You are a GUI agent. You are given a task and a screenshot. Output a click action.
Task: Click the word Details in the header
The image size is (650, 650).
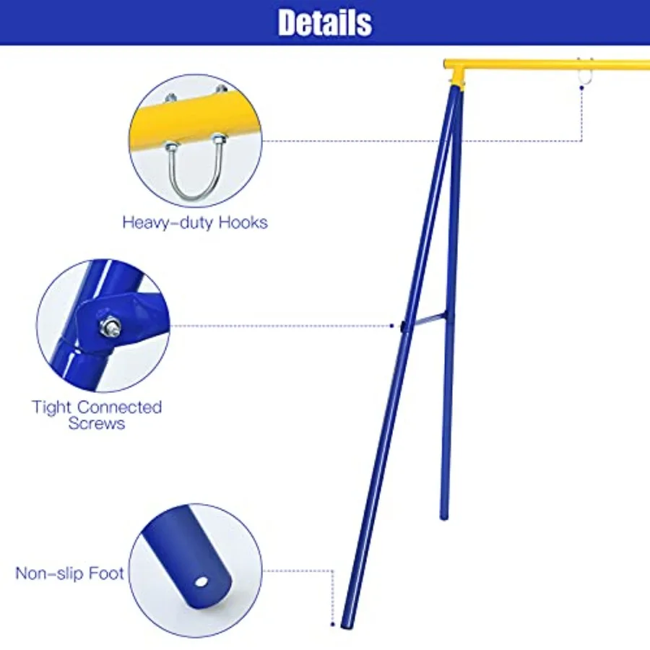point(325,22)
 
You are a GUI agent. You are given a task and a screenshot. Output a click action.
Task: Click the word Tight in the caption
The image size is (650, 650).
point(51,407)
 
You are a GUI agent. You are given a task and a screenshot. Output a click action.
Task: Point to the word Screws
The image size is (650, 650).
point(97,424)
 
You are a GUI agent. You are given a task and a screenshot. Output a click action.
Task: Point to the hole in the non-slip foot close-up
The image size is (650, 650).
point(201,581)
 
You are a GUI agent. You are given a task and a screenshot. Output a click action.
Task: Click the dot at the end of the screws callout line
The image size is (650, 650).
point(392,326)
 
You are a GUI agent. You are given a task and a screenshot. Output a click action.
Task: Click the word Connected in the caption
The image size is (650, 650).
point(119,407)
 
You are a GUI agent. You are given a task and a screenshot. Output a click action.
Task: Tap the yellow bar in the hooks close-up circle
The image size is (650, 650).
point(195,116)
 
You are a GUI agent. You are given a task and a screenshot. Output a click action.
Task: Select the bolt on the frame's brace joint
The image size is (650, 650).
point(402,326)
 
